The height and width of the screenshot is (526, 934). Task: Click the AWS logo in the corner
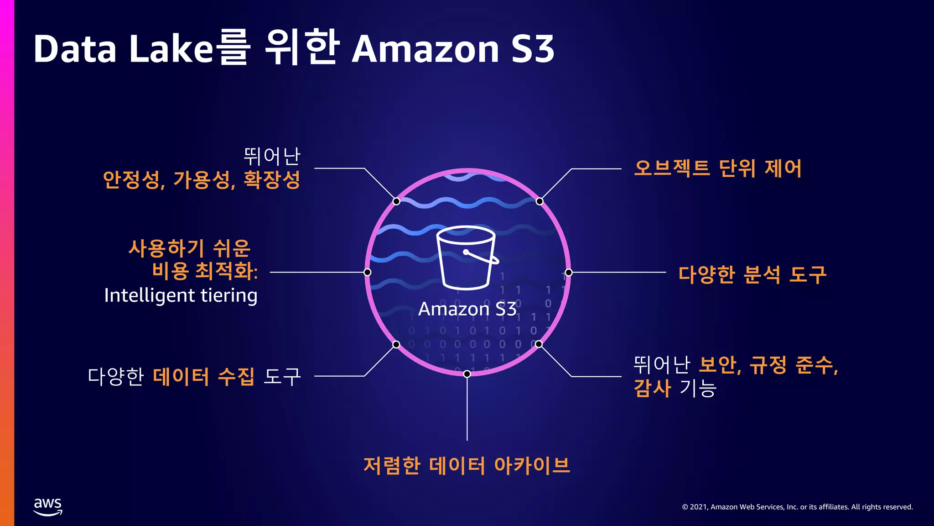(48, 506)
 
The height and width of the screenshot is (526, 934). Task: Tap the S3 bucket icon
(466, 258)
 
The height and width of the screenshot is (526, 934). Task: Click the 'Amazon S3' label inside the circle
(467, 309)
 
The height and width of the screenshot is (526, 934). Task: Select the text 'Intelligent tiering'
(181, 295)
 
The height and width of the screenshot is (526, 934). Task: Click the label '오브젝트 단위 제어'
(717, 168)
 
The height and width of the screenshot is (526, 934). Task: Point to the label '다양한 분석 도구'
(752, 274)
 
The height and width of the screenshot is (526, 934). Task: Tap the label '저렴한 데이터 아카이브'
(467, 465)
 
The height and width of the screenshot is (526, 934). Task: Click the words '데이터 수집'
(203, 377)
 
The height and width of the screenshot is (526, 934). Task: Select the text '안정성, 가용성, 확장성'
(202, 179)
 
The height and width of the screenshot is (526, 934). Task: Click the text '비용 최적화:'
(205, 271)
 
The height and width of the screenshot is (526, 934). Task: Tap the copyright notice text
(797, 507)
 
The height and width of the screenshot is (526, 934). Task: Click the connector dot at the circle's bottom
(467, 374)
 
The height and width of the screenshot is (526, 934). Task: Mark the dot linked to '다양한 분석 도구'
(569, 273)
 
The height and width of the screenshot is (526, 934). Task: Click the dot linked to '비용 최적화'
(367, 272)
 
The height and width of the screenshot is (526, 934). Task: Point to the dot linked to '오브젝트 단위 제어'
(540, 201)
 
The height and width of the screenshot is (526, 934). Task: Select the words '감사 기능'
(675, 388)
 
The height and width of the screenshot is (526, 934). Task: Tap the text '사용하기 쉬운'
(189, 248)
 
